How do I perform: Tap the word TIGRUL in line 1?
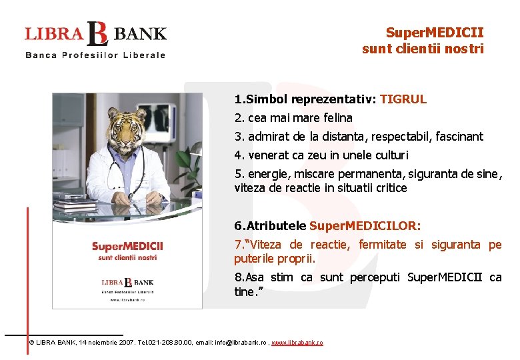pos(403,99)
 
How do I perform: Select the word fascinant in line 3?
pos(459,137)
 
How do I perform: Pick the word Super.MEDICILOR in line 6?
pos(365,226)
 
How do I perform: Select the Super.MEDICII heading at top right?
pos(435,32)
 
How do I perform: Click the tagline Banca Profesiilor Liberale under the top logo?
pos(95,55)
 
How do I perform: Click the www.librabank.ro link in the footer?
pos(297,343)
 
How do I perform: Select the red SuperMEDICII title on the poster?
pos(127,247)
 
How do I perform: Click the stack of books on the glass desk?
pos(75,207)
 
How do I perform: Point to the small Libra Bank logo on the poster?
pos(127,281)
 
